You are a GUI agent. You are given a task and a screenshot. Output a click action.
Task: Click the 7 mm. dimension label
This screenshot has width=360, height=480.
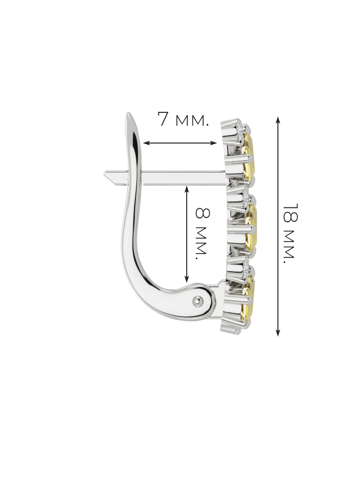coord(183,119)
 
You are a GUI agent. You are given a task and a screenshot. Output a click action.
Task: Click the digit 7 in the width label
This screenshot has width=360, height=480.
coord(164,119)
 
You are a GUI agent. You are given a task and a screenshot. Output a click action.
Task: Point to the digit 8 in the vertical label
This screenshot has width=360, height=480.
coord(203,214)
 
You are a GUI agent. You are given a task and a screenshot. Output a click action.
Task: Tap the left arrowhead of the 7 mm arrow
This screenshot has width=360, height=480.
coord(146,143)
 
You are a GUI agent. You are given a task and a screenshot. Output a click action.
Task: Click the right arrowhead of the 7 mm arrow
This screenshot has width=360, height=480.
coord(214,143)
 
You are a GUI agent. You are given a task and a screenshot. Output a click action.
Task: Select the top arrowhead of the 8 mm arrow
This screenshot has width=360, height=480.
coord(187,189)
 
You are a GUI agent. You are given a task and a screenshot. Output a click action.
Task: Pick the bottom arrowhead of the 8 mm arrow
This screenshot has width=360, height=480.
coord(187,279)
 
